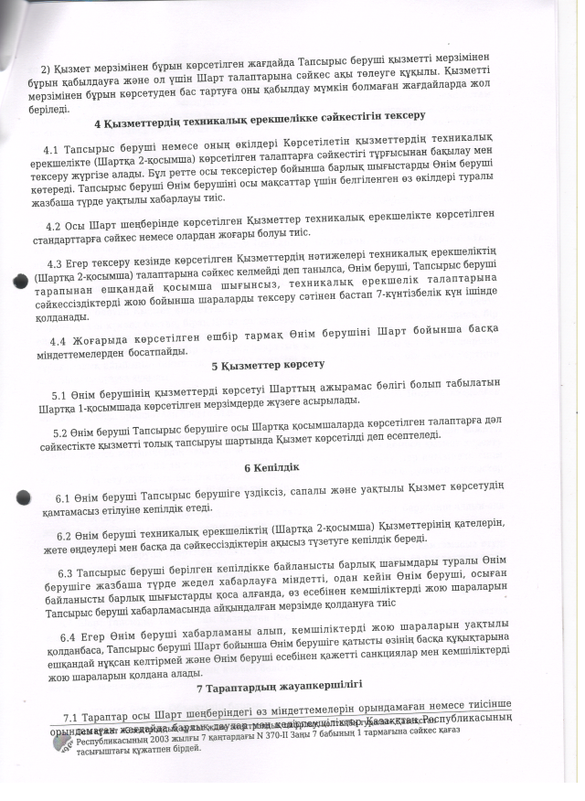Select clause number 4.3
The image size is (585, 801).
tap(56, 262)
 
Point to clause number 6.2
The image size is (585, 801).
tap(66, 536)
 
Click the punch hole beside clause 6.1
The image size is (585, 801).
tap(24, 498)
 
